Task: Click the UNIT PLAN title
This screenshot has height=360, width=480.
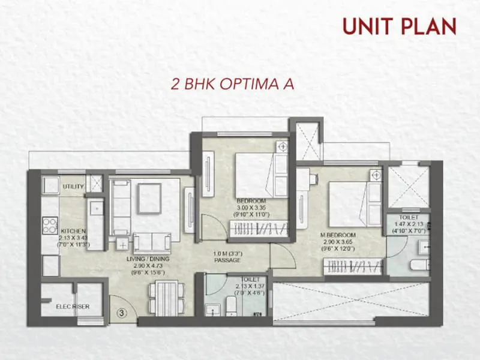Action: pyautogui.click(x=399, y=26)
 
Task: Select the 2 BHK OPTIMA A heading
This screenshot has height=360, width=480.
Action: pyautogui.click(x=233, y=83)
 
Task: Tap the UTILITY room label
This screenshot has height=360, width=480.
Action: pyautogui.click(x=73, y=187)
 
